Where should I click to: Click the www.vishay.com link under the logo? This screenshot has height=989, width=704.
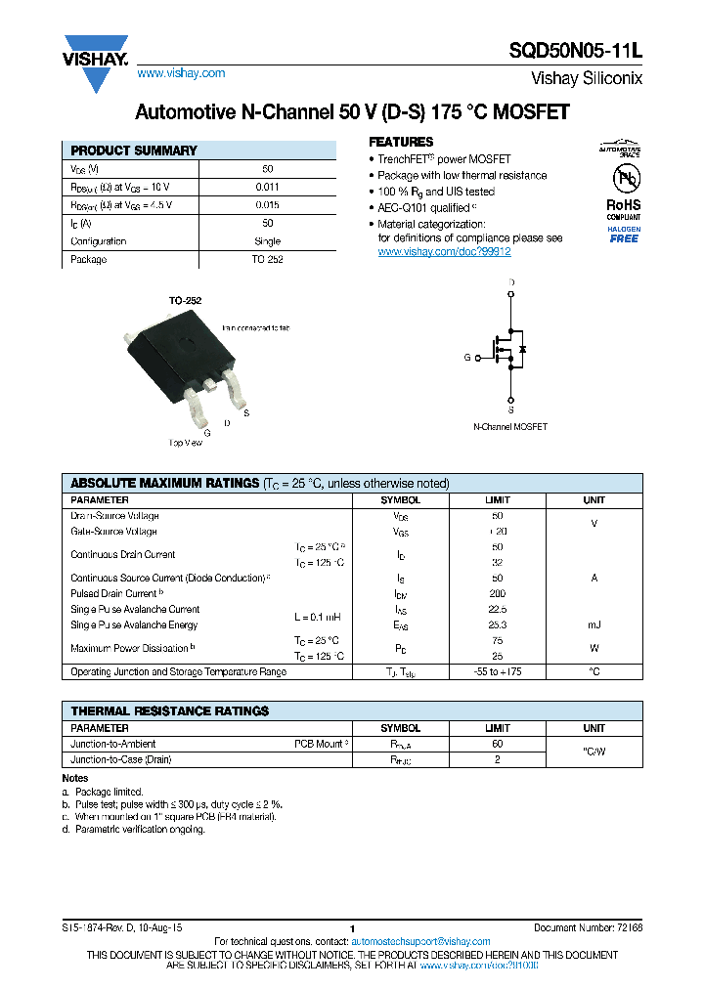(x=181, y=73)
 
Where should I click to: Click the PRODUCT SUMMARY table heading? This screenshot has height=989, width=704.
(x=134, y=150)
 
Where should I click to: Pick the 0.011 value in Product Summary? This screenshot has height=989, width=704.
(x=267, y=186)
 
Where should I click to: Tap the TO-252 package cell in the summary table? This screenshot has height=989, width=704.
(x=267, y=260)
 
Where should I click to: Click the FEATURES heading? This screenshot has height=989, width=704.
(x=401, y=142)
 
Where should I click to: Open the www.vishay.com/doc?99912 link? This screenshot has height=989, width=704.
(x=444, y=251)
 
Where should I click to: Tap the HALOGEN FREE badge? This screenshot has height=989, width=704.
(x=624, y=235)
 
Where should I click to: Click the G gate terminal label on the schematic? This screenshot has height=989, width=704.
(x=467, y=358)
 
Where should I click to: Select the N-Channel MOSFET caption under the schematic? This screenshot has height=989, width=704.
(x=510, y=427)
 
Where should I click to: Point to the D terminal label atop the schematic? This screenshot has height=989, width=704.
(x=510, y=282)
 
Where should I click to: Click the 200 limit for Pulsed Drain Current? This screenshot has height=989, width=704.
(x=497, y=593)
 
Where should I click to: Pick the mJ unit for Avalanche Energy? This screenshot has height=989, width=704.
(x=594, y=624)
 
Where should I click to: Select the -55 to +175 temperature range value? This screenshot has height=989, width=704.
(x=497, y=671)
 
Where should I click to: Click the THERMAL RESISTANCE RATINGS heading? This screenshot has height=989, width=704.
(x=169, y=710)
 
